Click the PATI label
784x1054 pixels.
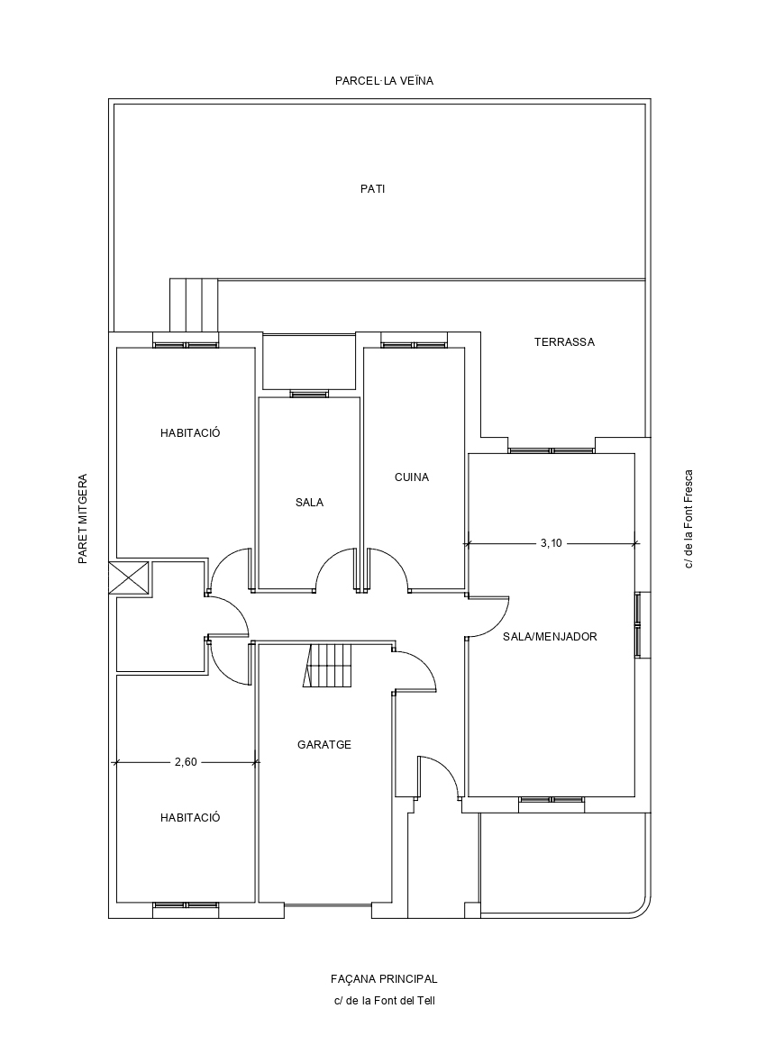pos(372,189)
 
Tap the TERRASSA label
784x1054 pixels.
pos(564,342)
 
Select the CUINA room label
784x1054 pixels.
pos(412,477)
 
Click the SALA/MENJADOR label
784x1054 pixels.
pos(550,637)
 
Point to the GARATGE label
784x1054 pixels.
pos(324,745)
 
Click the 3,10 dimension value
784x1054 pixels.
pos(551,543)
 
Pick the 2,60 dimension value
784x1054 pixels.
pos(186,762)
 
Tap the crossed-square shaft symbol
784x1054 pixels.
pos(129,577)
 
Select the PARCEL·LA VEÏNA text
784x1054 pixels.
pos(384,81)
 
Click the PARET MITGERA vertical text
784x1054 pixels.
pos(83,518)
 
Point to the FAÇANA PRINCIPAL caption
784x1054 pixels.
pos(384,979)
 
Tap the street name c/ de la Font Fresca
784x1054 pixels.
pos(689,518)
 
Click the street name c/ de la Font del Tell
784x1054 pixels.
pos(385,1001)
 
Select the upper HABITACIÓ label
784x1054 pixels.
pos(190,433)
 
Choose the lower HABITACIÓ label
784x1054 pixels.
pos(190,818)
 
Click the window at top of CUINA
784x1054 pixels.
pos(414,345)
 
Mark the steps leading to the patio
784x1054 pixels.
pos(194,305)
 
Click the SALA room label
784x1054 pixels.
pos(309,502)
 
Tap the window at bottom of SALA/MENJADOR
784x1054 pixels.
pos(552,800)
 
